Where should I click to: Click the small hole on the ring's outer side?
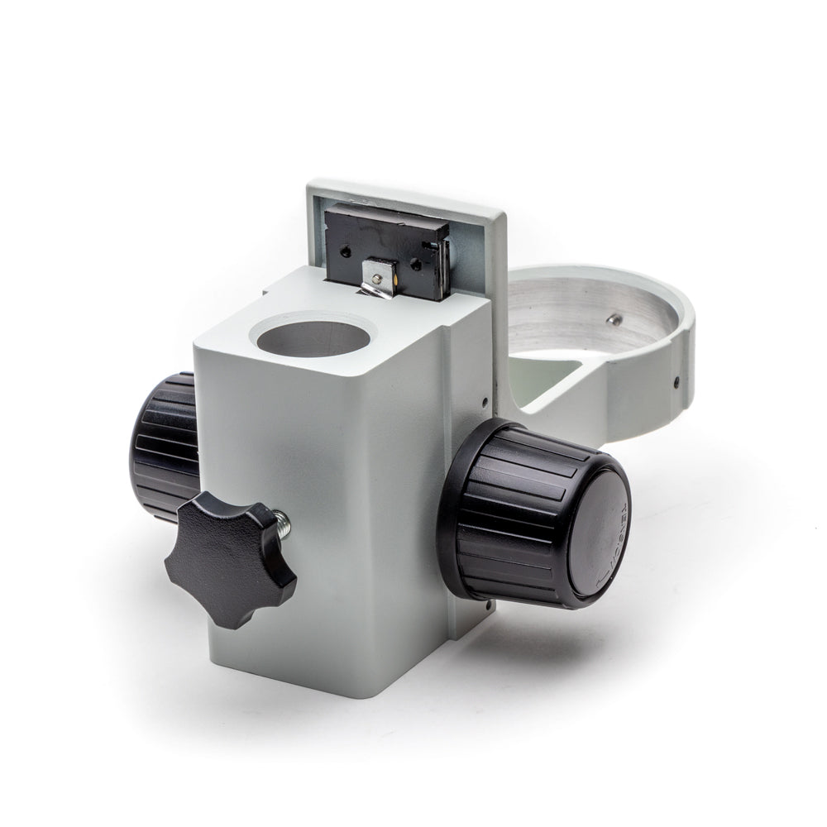676,382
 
